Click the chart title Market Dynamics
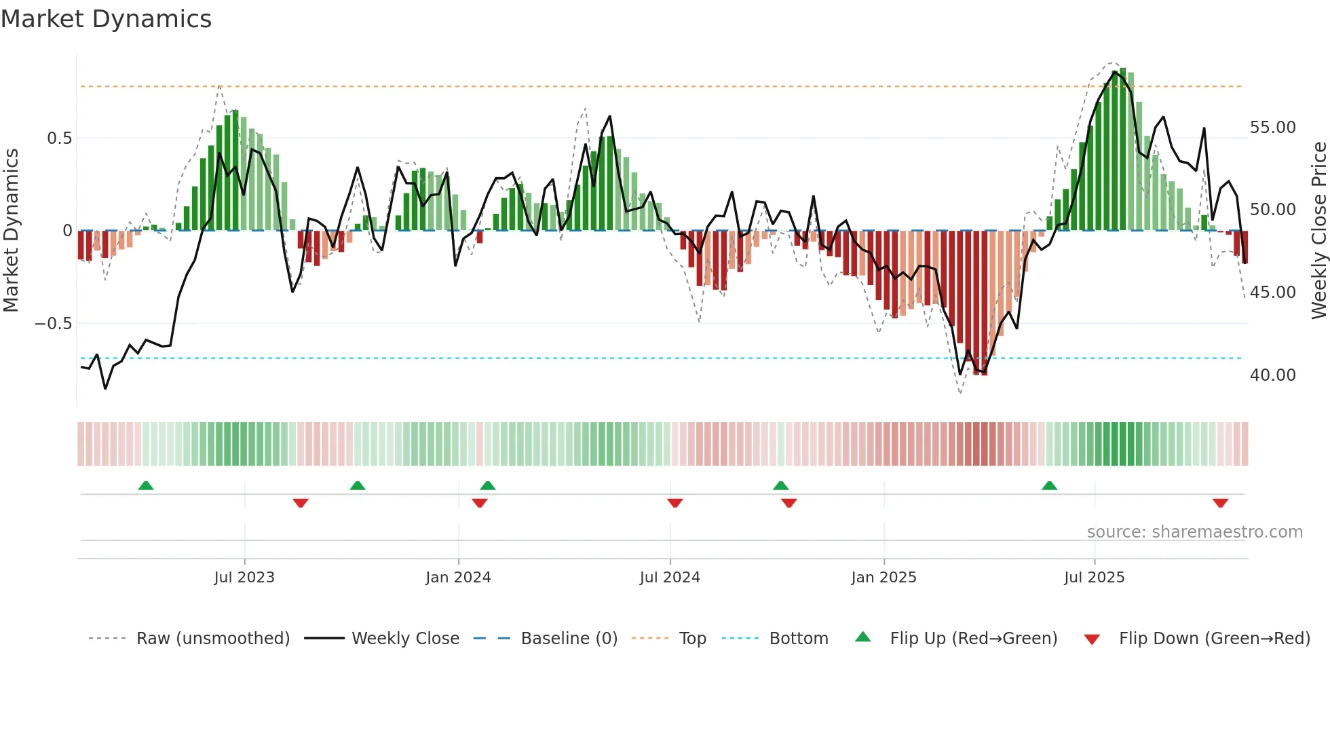pyautogui.click(x=106, y=19)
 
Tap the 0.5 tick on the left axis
pyautogui.click(x=59, y=138)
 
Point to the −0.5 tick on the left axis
pyautogui.click(x=53, y=324)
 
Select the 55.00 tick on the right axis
pyautogui.click(x=1272, y=128)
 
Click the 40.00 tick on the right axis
pyautogui.click(x=1272, y=375)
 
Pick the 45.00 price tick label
pyautogui.click(x=1272, y=293)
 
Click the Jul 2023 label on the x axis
pyautogui.click(x=244, y=578)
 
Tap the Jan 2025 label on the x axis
pyautogui.click(x=883, y=578)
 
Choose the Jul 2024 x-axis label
pyautogui.click(x=670, y=578)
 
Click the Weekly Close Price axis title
pyautogui.click(x=1318, y=231)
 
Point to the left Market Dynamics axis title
pyautogui.click(x=11, y=231)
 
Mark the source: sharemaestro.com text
pyautogui.click(x=1194, y=532)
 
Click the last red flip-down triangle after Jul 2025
pyautogui.click(x=1220, y=503)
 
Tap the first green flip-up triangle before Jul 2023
pyautogui.click(x=146, y=485)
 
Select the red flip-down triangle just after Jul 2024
pyautogui.click(x=674, y=503)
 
